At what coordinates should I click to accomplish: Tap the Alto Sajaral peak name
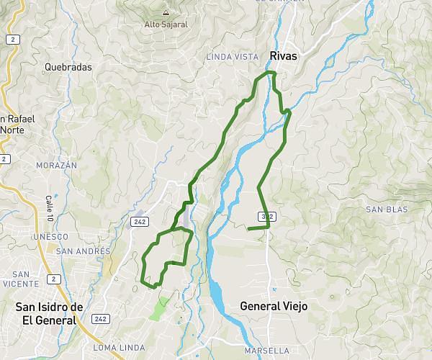(166, 23)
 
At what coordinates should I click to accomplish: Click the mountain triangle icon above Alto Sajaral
(166, 12)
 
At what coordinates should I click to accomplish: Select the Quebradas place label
(68, 67)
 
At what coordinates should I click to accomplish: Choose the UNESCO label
(50, 237)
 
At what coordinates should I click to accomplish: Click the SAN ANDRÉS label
(84, 251)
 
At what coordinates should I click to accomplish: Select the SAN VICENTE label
(20, 279)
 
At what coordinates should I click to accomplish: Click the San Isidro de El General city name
(49, 313)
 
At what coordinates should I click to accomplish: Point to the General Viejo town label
(273, 306)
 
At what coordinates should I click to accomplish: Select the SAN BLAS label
(386, 210)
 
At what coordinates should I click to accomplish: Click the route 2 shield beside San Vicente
(53, 278)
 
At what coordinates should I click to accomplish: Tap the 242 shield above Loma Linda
(100, 318)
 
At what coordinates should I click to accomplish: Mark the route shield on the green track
(268, 216)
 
